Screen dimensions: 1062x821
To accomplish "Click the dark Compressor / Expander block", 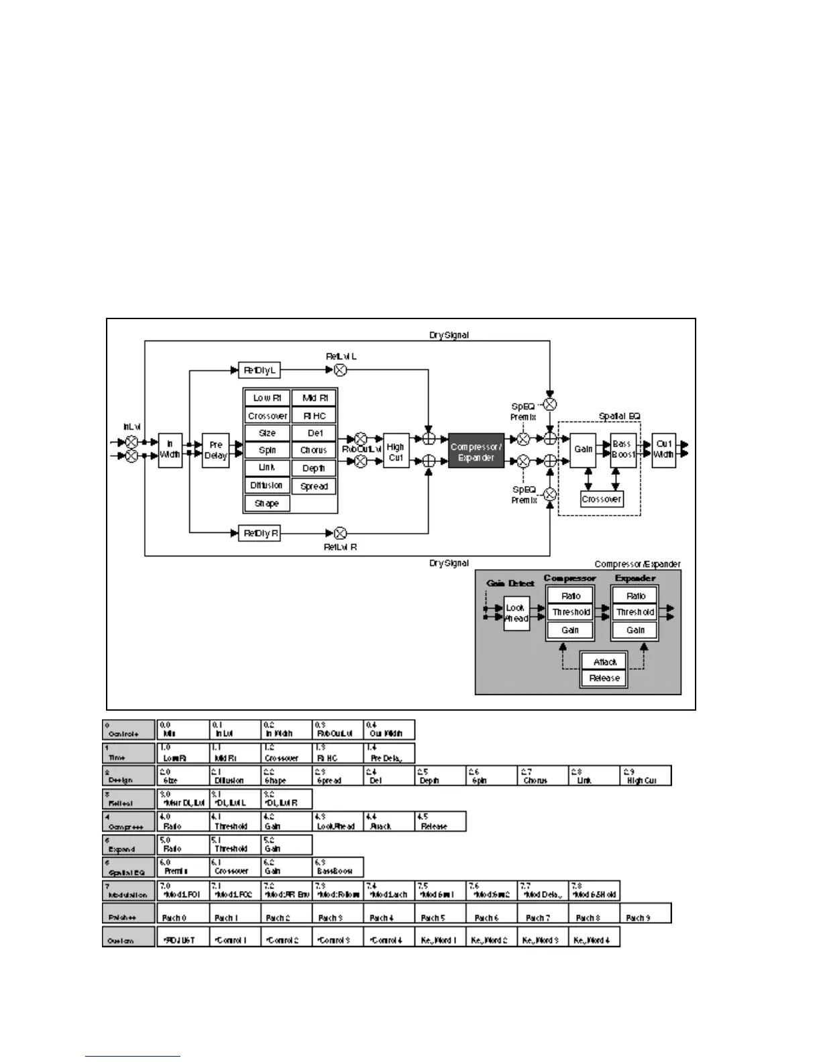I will (476, 452).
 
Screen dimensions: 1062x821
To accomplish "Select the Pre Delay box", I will (215, 450).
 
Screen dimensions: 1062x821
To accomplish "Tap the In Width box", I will (170, 449).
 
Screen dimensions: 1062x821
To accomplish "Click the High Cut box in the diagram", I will (396, 452).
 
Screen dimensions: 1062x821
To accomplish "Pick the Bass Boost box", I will (622, 449).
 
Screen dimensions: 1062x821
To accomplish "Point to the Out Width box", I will (663, 449).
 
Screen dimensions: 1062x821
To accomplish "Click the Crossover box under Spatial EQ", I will (602, 499).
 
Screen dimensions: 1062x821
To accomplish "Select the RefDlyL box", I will (260, 370).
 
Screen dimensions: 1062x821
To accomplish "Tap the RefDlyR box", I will (260, 534).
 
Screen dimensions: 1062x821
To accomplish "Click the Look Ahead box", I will (516, 613).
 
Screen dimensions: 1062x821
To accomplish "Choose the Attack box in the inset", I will (604, 662).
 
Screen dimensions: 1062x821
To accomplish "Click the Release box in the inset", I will (604, 678).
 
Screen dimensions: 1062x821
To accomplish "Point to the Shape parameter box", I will (267, 504).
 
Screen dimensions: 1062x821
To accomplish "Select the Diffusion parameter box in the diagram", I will (267, 485).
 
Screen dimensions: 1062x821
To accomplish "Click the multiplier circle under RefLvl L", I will (340, 370).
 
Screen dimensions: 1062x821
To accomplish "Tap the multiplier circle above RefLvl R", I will (340, 534).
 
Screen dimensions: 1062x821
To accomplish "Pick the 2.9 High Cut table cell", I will (645, 776).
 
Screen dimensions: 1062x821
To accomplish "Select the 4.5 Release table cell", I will (440, 822).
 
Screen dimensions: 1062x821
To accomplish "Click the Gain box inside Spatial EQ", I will (583, 449).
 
